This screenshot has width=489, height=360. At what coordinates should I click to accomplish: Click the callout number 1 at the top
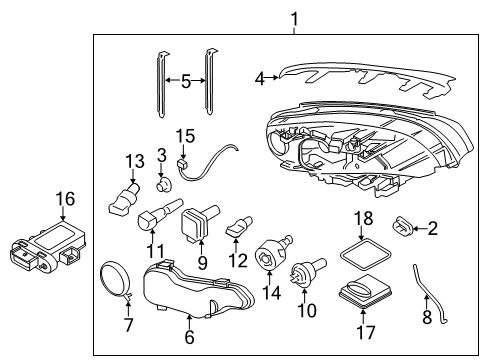coord(295,17)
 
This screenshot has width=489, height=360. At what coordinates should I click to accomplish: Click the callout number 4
coord(260,77)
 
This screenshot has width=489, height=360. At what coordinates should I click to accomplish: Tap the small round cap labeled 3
coord(164,184)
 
